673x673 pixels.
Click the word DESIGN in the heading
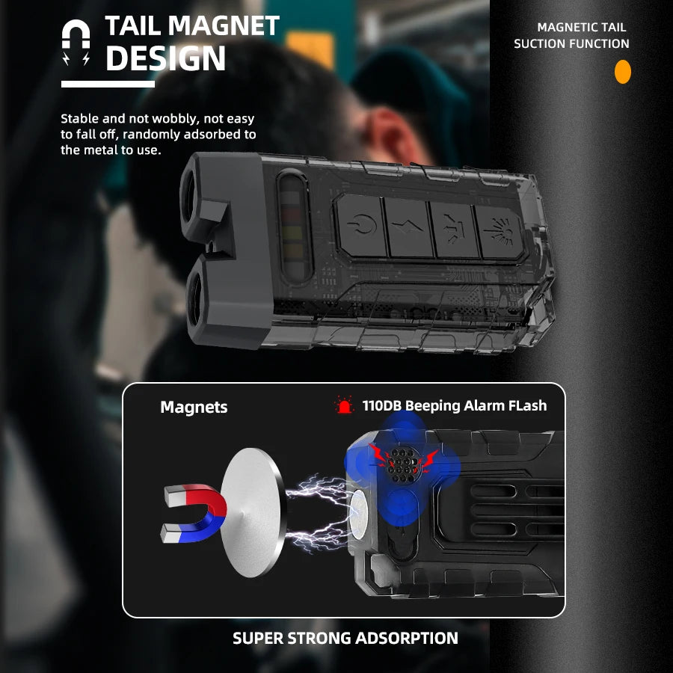pos(165,58)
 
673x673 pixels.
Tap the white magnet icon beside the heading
pos(76,42)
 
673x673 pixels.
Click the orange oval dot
pos(622,72)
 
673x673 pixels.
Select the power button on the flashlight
pos(361,225)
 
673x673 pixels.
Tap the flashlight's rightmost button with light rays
pos(500,233)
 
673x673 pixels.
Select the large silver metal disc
pos(252,512)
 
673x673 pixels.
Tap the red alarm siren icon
pos(344,405)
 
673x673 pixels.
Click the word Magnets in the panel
pos(194,407)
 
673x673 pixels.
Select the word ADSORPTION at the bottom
pos(407,639)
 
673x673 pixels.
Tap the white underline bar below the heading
pos(108,84)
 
